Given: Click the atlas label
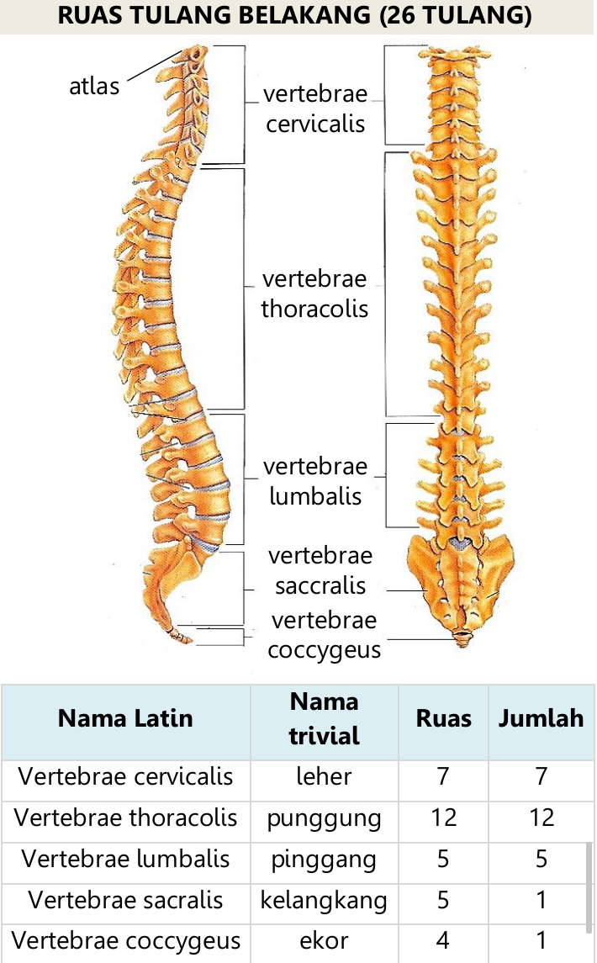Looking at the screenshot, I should click(x=94, y=85).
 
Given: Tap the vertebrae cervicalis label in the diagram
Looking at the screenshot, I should click(x=314, y=108).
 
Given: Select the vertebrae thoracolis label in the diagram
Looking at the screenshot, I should click(x=314, y=294).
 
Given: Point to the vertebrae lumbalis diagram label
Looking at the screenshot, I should click(x=315, y=481).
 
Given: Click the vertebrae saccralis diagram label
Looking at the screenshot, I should click(x=320, y=570).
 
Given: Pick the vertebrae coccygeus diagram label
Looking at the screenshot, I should click(x=325, y=635).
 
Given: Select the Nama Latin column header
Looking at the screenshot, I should click(x=125, y=718).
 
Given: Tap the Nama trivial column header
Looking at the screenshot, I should click(x=324, y=718).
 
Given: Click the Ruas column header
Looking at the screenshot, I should click(x=444, y=718).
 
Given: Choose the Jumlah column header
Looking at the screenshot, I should click(x=542, y=718).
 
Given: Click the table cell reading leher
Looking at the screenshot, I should click(x=324, y=775).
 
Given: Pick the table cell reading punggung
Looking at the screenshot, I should click(x=324, y=817).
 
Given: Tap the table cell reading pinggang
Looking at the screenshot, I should click(x=324, y=859).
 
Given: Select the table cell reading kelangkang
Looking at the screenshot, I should click(x=324, y=900).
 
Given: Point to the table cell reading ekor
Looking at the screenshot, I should click(x=324, y=940).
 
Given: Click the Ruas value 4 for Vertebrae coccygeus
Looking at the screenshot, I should click(x=444, y=940).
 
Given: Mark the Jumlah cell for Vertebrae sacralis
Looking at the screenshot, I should click(x=542, y=900).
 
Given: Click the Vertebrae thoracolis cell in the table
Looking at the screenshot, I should click(x=125, y=817).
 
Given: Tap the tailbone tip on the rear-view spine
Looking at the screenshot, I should click(x=461, y=643).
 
